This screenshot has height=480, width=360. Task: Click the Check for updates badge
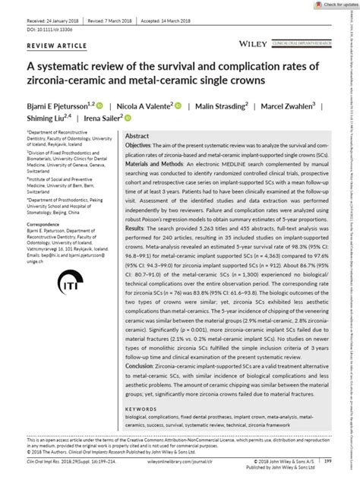point(337,5)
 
